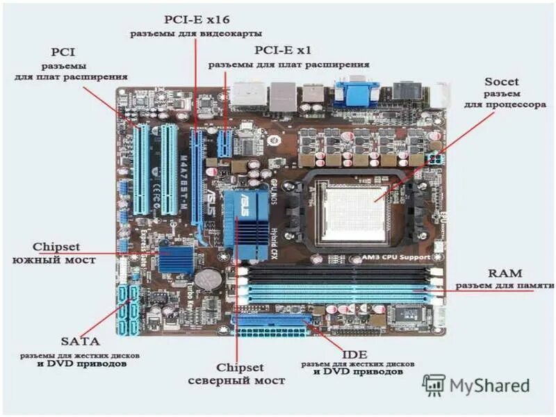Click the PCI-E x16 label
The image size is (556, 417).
(x=195, y=19)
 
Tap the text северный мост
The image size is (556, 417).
(x=237, y=381)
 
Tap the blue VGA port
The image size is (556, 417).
(x=356, y=92)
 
